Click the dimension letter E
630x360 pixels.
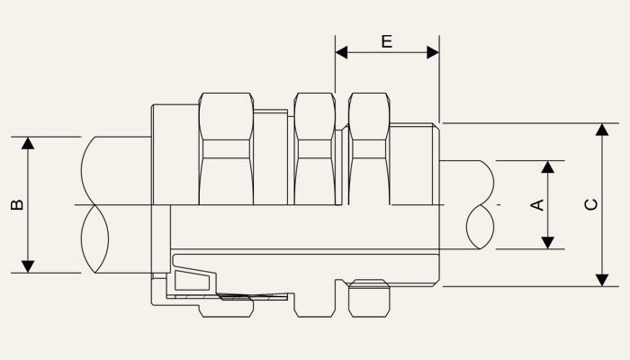(x=386, y=41)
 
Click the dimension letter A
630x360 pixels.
(x=537, y=205)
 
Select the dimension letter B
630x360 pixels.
(x=17, y=204)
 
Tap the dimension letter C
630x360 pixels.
(x=591, y=204)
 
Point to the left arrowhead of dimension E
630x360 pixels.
(x=341, y=52)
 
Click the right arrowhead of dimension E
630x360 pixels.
(x=433, y=52)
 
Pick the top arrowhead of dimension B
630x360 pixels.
(x=28, y=143)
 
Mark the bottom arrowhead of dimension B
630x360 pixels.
(x=28, y=266)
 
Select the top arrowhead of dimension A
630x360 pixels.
(x=547, y=167)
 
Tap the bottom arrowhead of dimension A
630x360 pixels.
(x=547, y=243)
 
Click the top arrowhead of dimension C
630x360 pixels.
(x=602, y=130)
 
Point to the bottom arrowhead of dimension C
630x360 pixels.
(x=602, y=281)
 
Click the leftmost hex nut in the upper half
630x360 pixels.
(x=226, y=148)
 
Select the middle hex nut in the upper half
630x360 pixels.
(x=315, y=148)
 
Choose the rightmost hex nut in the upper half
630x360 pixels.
(x=369, y=148)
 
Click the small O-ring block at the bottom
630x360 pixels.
(x=369, y=298)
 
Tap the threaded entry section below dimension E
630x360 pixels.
(x=414, y=164)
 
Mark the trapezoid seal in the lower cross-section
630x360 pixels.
(x=192, y=281)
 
